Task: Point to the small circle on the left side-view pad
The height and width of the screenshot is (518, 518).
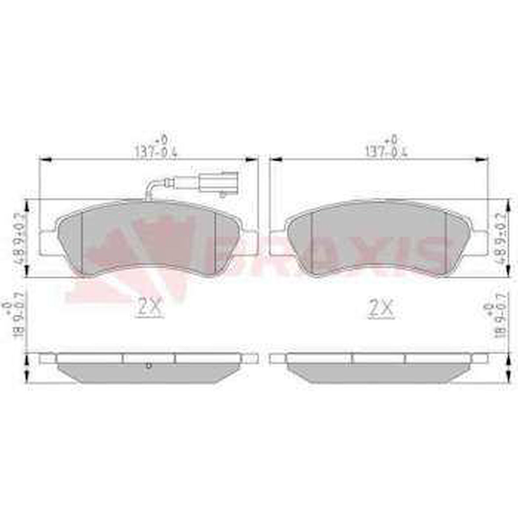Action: (x=148, y=365)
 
